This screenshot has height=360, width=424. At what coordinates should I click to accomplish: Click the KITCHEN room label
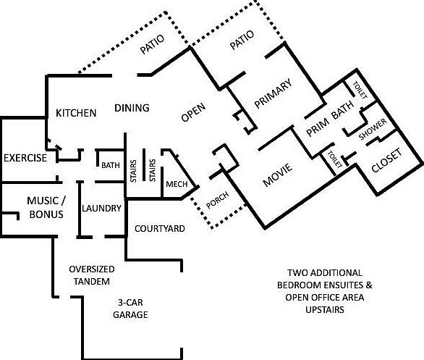click(x=76, y=113)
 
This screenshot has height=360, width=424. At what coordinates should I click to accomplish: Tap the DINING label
click(x=132, y=108)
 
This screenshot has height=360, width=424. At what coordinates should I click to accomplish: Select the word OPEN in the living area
click(x=194, y=112)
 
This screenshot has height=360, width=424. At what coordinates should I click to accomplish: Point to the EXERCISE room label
click(x=25, y=158)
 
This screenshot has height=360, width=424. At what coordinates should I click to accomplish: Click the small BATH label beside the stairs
click(x=111, y=165)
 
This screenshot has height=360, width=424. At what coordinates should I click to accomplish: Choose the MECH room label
click(x=177, y=184)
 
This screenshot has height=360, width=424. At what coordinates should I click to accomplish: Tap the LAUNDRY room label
click(x=102, y=208)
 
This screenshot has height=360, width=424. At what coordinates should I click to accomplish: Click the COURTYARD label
click(x=160, y=229)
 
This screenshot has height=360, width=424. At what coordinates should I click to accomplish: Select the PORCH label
click(x=217, y=200)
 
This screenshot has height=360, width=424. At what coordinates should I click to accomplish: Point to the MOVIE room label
click(x=278, y=175)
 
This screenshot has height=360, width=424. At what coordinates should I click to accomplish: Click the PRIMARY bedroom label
click(x=274, y=93)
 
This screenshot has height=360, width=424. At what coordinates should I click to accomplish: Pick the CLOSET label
click(x=386, y=161)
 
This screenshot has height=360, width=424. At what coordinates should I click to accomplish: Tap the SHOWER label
click(x=373, y=129)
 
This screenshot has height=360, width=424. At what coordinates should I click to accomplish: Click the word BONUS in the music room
click(x=46, y=214)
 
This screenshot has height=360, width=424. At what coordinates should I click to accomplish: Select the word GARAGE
click(x=130, y=314)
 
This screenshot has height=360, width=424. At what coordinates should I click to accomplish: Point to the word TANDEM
click(x=92, y=282)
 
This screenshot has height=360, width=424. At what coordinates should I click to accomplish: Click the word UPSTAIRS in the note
click(x=325, y=309)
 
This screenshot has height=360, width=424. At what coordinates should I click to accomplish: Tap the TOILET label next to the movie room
click(x=335, y=159)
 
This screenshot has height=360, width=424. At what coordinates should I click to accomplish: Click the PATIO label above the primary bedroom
click(x=242, y=40)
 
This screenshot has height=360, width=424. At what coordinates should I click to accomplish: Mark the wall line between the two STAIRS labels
click(x=144, y=164)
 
